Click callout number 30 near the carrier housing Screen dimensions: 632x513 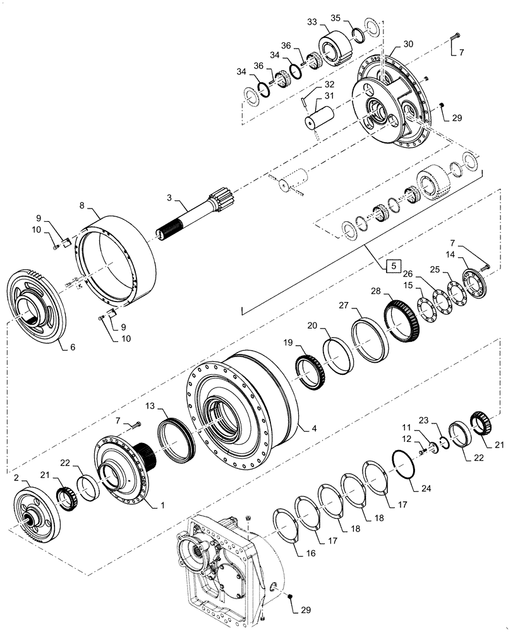408,44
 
